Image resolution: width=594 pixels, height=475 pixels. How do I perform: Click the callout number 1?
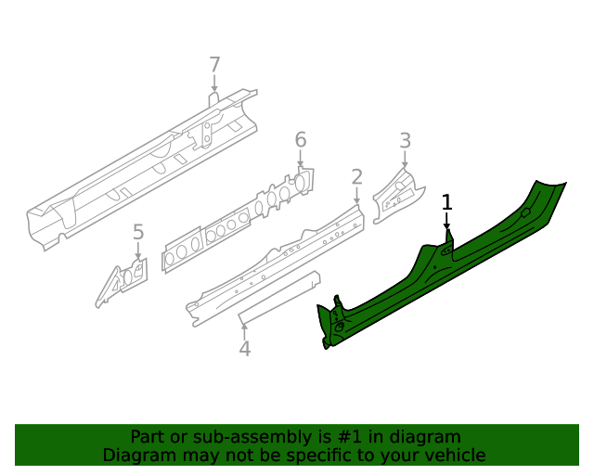coord(446,202)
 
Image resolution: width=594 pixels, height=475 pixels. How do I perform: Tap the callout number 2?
coord(356,176)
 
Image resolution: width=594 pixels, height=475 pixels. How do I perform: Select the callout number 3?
coord(405,141)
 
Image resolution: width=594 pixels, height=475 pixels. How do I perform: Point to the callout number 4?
coord(244,349)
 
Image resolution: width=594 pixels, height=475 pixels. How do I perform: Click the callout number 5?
coord(138,232)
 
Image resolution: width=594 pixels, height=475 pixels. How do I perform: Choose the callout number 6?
coord(300,140)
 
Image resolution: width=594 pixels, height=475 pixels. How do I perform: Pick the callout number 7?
coord(214,65)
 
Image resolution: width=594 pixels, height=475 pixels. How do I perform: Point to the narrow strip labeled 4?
coord(278,298)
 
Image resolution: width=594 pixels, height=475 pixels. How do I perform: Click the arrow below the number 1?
coord(446,223)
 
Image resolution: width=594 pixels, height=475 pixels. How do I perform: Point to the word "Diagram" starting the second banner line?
coord(137,456)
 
